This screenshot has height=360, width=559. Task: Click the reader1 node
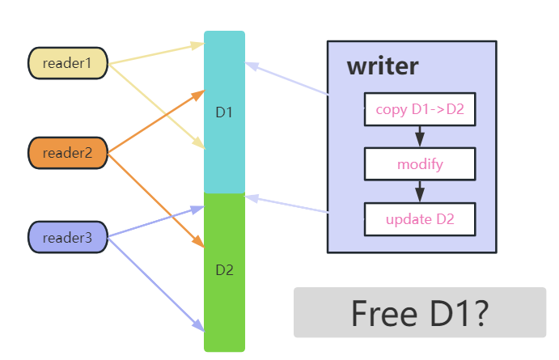pos(68,63)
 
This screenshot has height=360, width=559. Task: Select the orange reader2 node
pos(68,152)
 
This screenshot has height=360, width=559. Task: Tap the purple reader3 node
pos(68,237)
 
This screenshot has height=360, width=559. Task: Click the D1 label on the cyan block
pos(224,112)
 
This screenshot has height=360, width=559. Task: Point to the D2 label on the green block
pos(224,269)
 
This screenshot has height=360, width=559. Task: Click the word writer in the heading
pos(383,66)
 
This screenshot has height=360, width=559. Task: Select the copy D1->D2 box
pos(419,109)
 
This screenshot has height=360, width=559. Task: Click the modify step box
pos(419,164)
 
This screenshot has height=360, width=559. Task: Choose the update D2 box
pos(419,219)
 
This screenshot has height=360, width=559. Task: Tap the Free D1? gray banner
pos(419,312)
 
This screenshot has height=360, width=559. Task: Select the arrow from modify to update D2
pos(419,191)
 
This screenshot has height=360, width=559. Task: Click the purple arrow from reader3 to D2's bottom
pos(154,282)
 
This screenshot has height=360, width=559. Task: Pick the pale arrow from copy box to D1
pos(287,78)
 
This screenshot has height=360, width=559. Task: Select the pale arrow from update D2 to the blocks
pos(287,204)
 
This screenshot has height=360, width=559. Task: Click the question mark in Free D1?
pos(476,312)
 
